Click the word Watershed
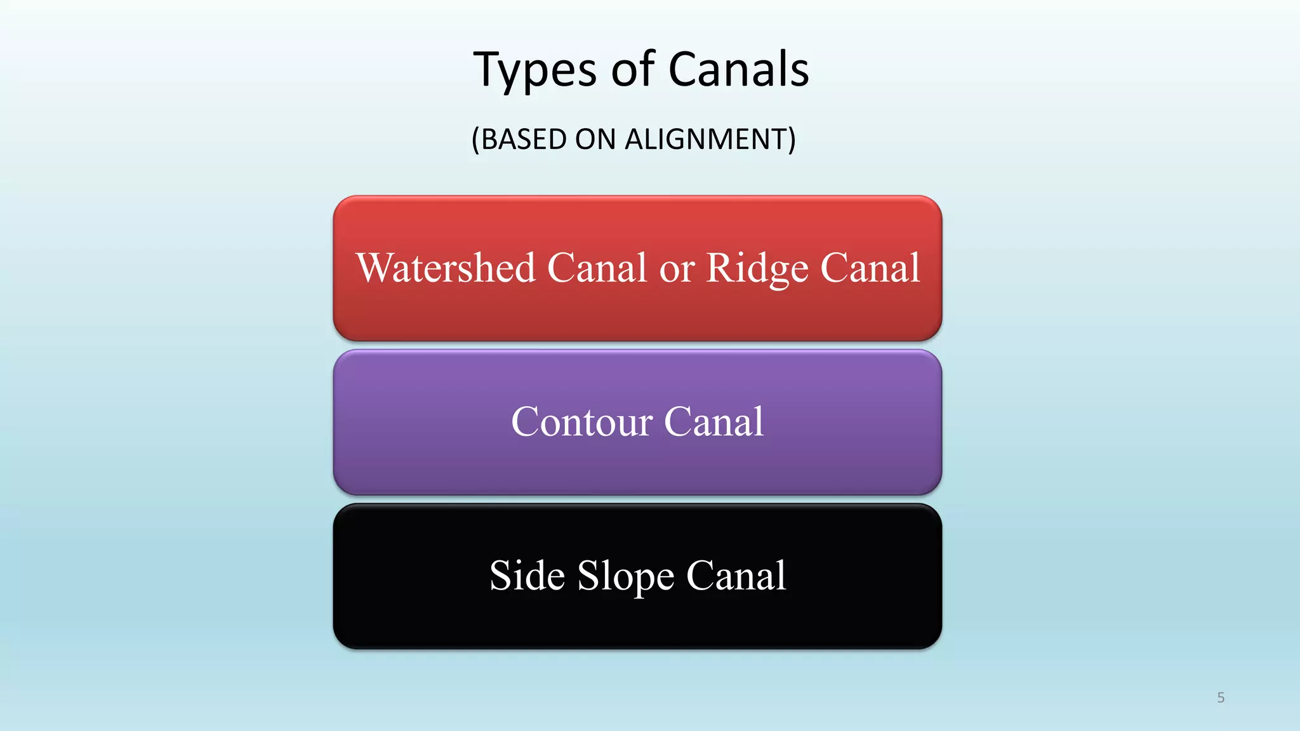click(446, 268)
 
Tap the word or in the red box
click(677, 269)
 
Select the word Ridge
click(757, 269)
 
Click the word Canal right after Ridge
click(870, 268)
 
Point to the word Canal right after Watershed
click(597, 268)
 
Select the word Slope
click(626, 577)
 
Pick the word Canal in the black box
click(736, 576)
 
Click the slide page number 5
click(1221, 698)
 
